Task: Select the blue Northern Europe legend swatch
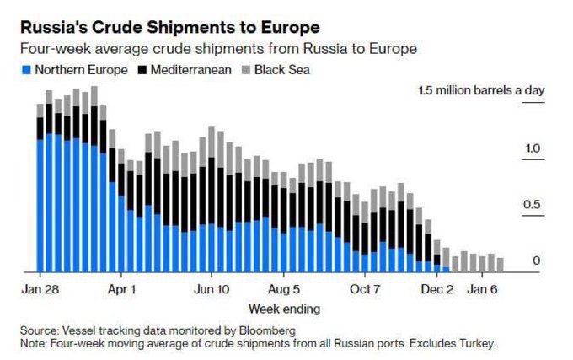(26, 69)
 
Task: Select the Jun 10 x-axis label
(211, 287)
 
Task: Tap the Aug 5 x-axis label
(284, 287)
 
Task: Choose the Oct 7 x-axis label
(365, 287)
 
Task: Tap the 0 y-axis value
(536, 261)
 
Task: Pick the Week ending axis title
(279, 308)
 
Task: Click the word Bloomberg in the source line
(269, 330)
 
